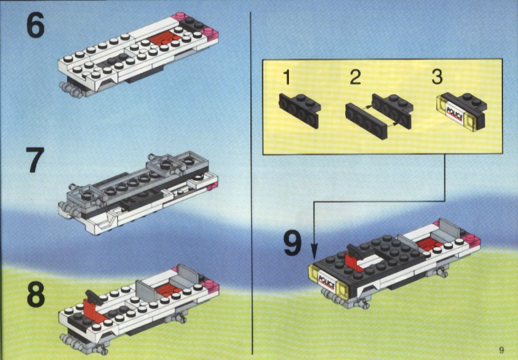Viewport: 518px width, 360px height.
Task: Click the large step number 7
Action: pos(35,160)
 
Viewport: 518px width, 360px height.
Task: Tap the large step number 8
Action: pos(35,295)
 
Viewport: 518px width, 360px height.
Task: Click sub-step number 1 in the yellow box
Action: pos(287,77)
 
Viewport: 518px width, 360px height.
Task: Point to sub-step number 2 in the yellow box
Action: pos(356,77)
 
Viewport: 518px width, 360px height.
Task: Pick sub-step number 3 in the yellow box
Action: pos(437,76)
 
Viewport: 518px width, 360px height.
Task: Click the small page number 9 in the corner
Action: pos(501,350)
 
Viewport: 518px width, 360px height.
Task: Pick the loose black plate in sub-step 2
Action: pos(366,121)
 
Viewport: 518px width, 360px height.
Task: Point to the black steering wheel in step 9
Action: pos(356,251)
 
